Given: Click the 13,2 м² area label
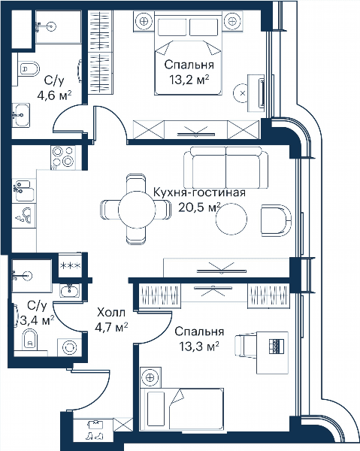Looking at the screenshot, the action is pyautogui.click(x=189, y=80).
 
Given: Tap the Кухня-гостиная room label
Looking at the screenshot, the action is pyautogui.click(x=199, y=192).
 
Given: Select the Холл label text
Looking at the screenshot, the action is pyautogui.click(x=111, y=312).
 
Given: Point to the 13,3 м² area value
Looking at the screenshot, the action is pyautogui.click(x=199, y=347).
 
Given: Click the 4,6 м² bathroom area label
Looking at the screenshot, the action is pyautogui.click(x=54, y=95).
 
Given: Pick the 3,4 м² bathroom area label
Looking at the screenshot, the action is pyautogui.click(x=38, y=320).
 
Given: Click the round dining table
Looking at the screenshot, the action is pyautogui.click(x=137, y=210).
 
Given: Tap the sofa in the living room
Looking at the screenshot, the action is pyautogui.click(x=226, y=168).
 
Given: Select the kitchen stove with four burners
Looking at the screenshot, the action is pyautogui.click(x=63, y=157).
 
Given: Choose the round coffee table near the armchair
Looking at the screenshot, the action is pyautogui.click(x=231, y=219).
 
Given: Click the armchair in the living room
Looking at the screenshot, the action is pyautogui.click(x=276, y=220).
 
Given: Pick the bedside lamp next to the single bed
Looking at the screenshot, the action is pyautogui.click(x=150, y=377).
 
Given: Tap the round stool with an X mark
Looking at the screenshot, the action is pyautogui.click(x=243, y=93).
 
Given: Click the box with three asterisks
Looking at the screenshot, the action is pyautogui.click(x=70, y=265).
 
